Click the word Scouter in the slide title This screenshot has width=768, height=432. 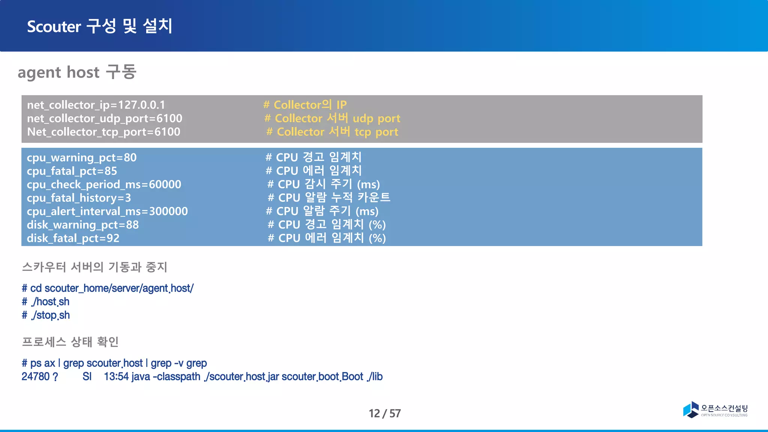54,27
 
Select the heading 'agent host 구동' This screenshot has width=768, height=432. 77,72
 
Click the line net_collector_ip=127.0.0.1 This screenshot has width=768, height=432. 96,105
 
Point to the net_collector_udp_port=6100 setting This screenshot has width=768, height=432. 105,118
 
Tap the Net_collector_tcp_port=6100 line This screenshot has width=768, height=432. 103,132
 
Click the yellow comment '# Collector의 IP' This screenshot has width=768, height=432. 305,105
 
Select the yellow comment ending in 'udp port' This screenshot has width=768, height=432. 332,118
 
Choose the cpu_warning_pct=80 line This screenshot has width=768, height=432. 82,157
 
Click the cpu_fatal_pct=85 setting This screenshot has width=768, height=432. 72,171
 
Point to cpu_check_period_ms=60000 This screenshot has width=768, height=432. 104,184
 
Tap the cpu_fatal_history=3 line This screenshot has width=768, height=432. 79,198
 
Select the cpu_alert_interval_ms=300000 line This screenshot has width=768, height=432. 107,211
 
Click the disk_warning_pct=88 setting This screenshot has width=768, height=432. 83,225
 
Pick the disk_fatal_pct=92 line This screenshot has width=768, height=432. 73,238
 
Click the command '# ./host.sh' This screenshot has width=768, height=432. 46,302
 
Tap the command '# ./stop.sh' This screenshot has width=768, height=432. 46,315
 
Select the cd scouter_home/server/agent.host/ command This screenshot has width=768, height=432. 108,288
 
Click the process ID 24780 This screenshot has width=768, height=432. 36,376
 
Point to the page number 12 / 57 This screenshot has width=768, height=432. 385,413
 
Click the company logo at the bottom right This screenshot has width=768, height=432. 715,409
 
